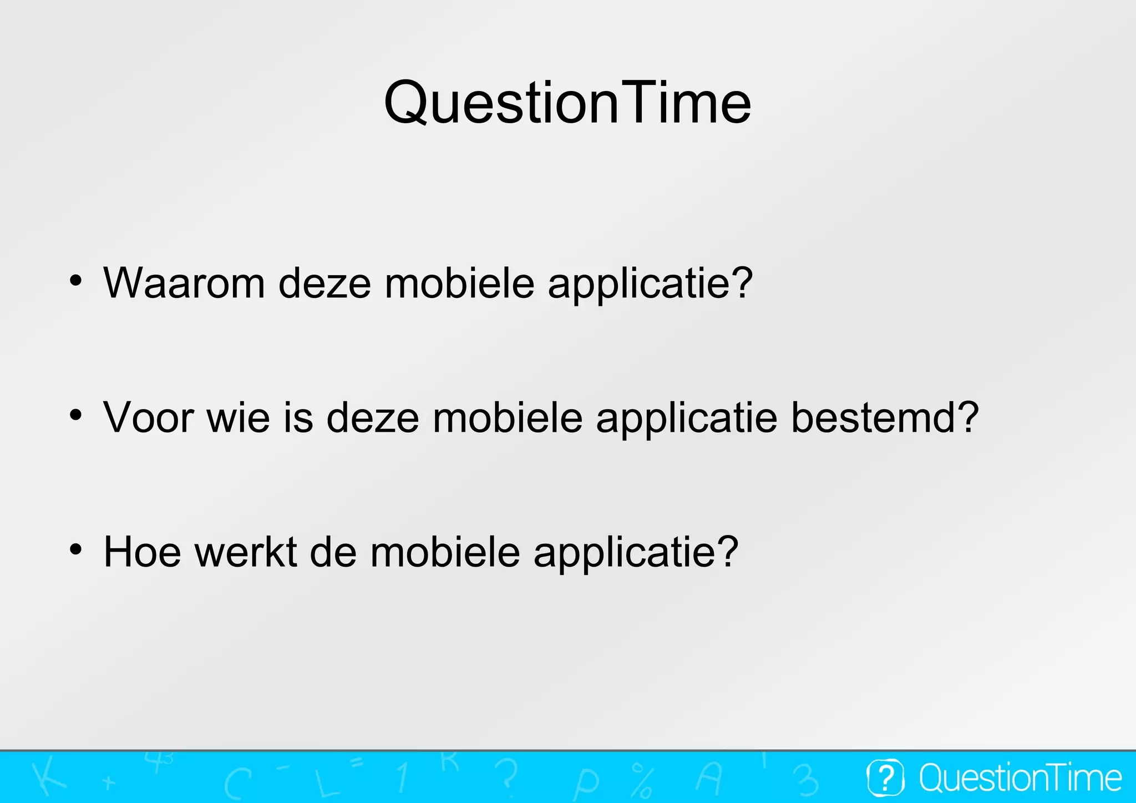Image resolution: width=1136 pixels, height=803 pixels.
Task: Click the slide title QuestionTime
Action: pos(567,103)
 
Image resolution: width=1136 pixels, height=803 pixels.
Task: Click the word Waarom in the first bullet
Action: pos(184,283)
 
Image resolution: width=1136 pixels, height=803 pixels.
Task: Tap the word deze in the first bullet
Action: pos(324,283)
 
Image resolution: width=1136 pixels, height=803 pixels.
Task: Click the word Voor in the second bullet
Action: pos(148,417)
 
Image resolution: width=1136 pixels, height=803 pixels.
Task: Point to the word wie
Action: pos(238,417)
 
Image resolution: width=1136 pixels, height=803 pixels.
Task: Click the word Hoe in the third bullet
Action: pos(142,552)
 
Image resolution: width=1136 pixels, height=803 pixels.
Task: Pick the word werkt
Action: pos(246,552)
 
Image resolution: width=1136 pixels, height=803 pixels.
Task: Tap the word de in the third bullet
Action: pos(333,552)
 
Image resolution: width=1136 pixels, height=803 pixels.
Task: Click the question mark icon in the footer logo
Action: pos(886,777)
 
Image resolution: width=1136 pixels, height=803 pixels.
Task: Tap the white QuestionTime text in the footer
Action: pos(1020,777)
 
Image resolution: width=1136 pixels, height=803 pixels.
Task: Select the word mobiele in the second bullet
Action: pos(508,417)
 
